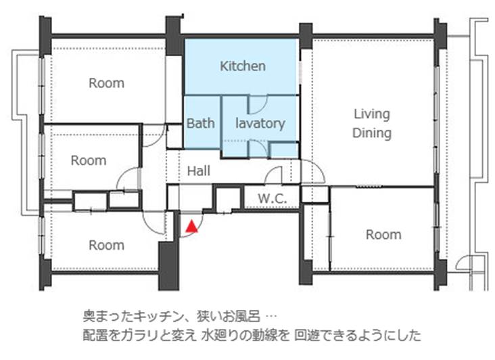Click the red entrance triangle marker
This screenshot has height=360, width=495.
191,227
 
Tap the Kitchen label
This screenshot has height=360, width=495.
243,66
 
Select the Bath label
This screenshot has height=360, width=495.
200,123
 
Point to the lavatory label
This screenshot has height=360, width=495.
260,123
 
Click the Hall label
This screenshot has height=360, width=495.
199,171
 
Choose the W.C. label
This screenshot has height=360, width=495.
272,199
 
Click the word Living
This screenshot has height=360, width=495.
371,114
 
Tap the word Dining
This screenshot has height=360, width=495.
371,133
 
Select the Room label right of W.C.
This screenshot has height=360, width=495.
383,235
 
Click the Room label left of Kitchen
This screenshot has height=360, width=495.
106,83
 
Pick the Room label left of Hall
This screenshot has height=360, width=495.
89,160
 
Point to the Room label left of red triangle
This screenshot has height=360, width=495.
106,246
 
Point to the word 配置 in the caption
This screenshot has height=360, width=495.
95,335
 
